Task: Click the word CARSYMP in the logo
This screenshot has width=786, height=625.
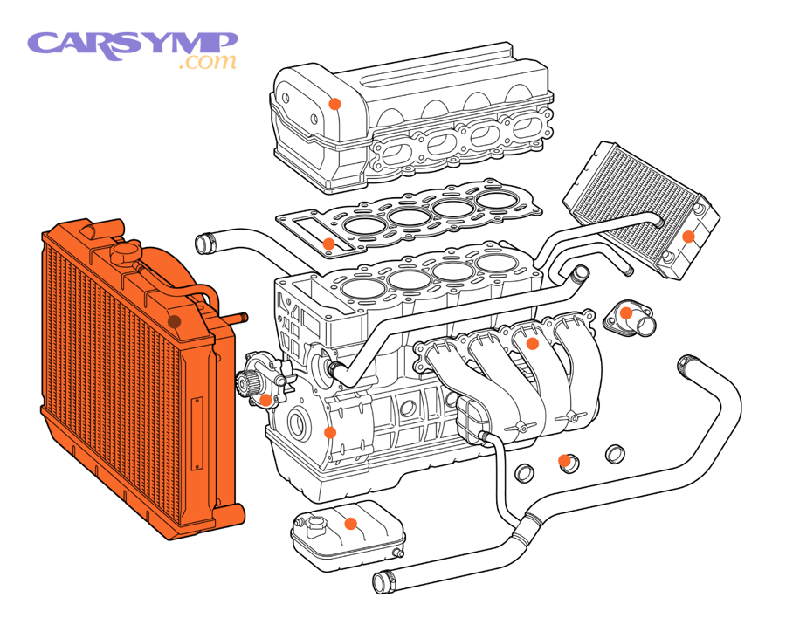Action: click(x=132, y=43)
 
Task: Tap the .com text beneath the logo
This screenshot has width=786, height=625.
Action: click(x=207, y=63)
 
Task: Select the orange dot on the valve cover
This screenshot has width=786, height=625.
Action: click(x=334, y=104)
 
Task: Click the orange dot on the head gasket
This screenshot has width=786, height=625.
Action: click(x=328, y=244)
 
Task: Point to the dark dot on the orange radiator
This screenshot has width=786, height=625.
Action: click(x=174, y=321)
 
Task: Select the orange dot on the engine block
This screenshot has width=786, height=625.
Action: click(x=330, y=432)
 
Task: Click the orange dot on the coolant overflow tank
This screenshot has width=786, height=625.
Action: click(x=350, y=525)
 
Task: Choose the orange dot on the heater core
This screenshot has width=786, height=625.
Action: click(x=688, y=236)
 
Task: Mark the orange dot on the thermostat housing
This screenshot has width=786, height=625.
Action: click(x=626, y=312)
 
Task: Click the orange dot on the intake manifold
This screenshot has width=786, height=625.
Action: click(x=530, y=344)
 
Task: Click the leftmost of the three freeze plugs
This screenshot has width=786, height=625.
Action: click(x=526, y=474)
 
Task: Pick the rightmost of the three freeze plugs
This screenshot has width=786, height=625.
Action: click(x=616, y=452)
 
